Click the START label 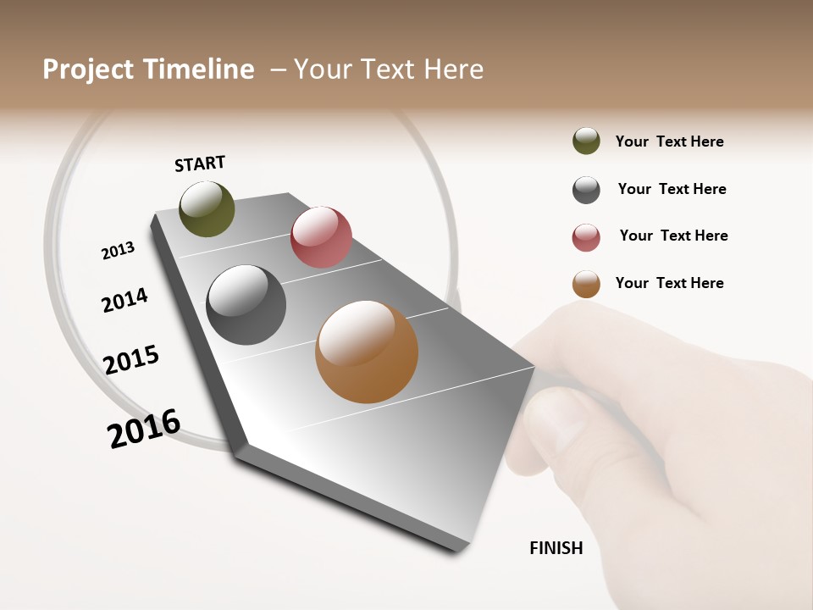coord(200,164)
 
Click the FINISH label coord(556,548)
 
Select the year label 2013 coord(118,251)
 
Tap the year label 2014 coord(124,300)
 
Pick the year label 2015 coord(131,360)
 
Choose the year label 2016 coord(144,429)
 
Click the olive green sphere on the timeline coord(207,208)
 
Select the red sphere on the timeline coord(321,237)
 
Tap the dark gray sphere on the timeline coord(246,305)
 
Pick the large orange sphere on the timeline coord(367,352)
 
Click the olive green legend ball coord(586,141)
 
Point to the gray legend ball coord(586,190)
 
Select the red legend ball coord(586,237)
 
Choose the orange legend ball coord(586,284)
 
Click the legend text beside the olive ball coord(669,141)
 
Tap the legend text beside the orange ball coord(669,283)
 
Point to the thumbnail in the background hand coord(559,419)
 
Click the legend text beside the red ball coord(673,236)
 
